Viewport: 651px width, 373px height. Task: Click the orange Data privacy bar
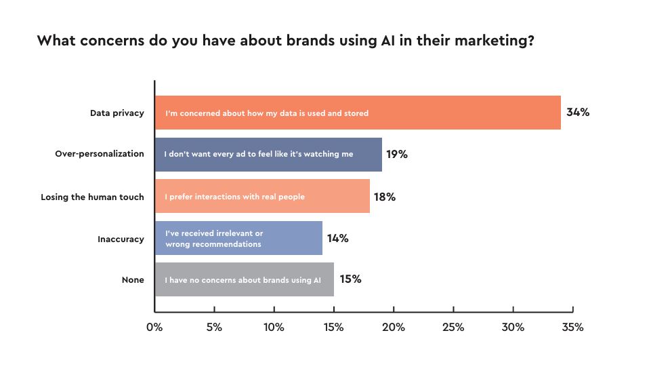pos(358,113)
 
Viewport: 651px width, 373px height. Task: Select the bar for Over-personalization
pos(268,154)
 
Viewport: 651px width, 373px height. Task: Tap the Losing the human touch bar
pos(262,197)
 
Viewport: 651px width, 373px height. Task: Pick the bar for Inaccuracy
pos(238,238)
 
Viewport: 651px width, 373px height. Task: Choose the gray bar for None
pos(244,279)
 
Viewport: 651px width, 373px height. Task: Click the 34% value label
pos(578,113)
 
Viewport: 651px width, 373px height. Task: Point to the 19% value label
pos(397,154)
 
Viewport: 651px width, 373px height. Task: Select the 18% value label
pos(385,197)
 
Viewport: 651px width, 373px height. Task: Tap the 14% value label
pos(337,238)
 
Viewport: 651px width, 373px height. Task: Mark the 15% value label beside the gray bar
pos(350,279)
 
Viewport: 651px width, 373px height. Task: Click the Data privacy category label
pos(117,113)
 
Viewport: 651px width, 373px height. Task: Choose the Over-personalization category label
pos(100,154)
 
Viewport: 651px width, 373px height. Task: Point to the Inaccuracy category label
pos(121,239)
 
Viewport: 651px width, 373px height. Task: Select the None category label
pos(133,279)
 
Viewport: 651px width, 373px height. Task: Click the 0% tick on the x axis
pos(154,327)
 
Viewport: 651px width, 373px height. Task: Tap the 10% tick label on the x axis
pos(274,327)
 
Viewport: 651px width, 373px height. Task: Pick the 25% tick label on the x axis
pos(453,327)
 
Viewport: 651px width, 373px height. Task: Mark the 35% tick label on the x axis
pos(572,327)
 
